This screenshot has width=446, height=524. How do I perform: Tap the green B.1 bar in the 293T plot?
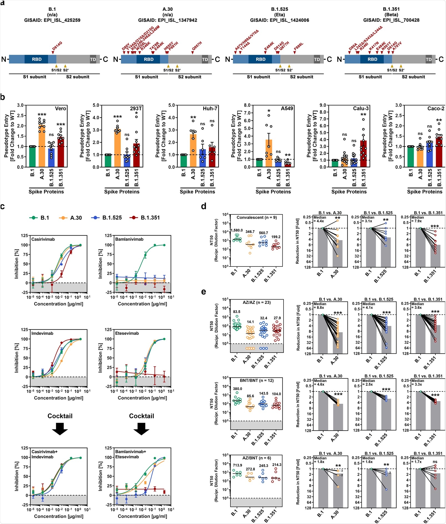click(108, 161)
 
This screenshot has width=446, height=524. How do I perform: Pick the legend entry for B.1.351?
click(145, 218)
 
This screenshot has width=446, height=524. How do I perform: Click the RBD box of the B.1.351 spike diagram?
click(372, 59)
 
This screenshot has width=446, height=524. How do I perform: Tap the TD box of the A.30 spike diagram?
click(205, 59)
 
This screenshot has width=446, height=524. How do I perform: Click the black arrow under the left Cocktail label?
click(60, 429)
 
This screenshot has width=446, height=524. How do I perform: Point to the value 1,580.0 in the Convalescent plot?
click(237, 230)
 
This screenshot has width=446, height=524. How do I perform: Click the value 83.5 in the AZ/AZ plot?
click(237, 312)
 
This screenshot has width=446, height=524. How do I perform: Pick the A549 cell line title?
click(287, 108)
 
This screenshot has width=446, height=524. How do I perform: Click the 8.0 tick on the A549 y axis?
click(247, 105)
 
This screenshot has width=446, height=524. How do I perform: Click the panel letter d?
click(204, 206)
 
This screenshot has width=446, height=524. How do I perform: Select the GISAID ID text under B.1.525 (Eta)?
click(279, 20)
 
